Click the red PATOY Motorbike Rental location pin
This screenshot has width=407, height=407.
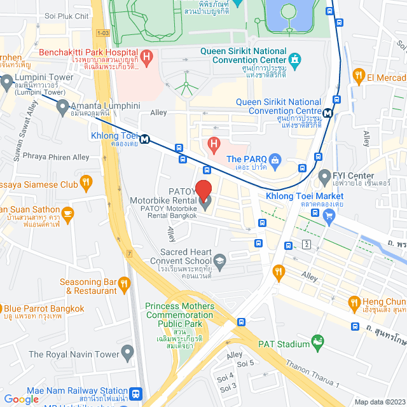(x=203, y=190)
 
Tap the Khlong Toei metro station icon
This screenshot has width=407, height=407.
(x=146, y=139)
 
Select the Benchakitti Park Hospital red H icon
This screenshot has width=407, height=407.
(x=148, y=59)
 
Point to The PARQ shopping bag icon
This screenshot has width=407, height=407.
(x=275, y=159)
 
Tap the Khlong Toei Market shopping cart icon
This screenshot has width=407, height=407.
(x=329, y=216)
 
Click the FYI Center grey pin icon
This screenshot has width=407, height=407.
(x=324, y=176)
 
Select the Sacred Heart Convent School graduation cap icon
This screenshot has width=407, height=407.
(x=219, y=261)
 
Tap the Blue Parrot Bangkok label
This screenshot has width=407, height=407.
(x=45, y=308)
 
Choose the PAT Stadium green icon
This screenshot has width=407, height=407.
(x=317, y=344)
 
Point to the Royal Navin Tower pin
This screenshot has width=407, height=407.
(x=128, y=351)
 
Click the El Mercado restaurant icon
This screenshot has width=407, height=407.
(x=359, y=77)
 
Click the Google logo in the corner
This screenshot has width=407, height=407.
(x=22, y=399)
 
